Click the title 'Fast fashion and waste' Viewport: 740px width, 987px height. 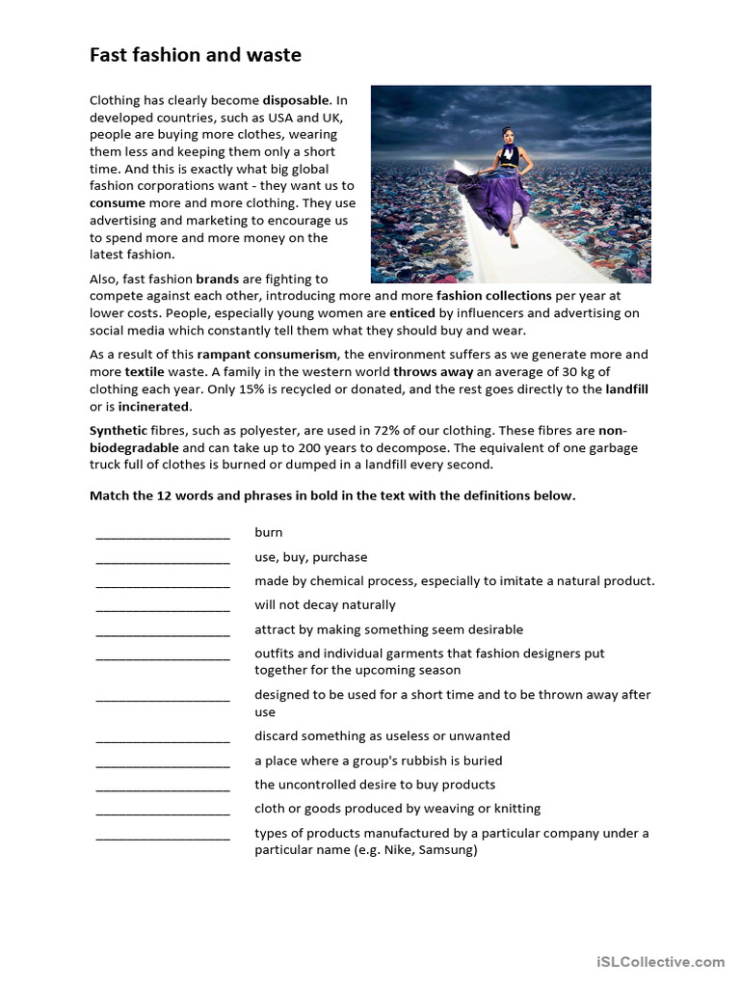(x=196, y=56)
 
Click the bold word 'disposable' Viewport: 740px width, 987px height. (x=296, y=100)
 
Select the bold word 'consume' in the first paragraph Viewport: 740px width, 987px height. (x=118, y=203)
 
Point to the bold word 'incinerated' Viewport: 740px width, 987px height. (x=154, y=407)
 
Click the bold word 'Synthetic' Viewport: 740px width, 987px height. (x=119, y=431)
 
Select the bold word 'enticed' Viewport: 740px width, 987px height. (x=412, y=313)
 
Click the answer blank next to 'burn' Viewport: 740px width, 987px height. (x=163, y=534)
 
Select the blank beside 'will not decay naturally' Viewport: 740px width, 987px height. (x=163, y=606)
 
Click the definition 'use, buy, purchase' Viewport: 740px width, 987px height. (x=310, y=557)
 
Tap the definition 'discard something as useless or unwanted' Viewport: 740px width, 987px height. (x=382, y=736)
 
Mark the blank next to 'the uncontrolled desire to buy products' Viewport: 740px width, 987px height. (x=163, y=787)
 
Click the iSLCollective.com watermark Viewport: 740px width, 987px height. (x=660, y=962)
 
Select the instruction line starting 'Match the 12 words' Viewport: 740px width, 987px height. (x=332, y=495)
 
